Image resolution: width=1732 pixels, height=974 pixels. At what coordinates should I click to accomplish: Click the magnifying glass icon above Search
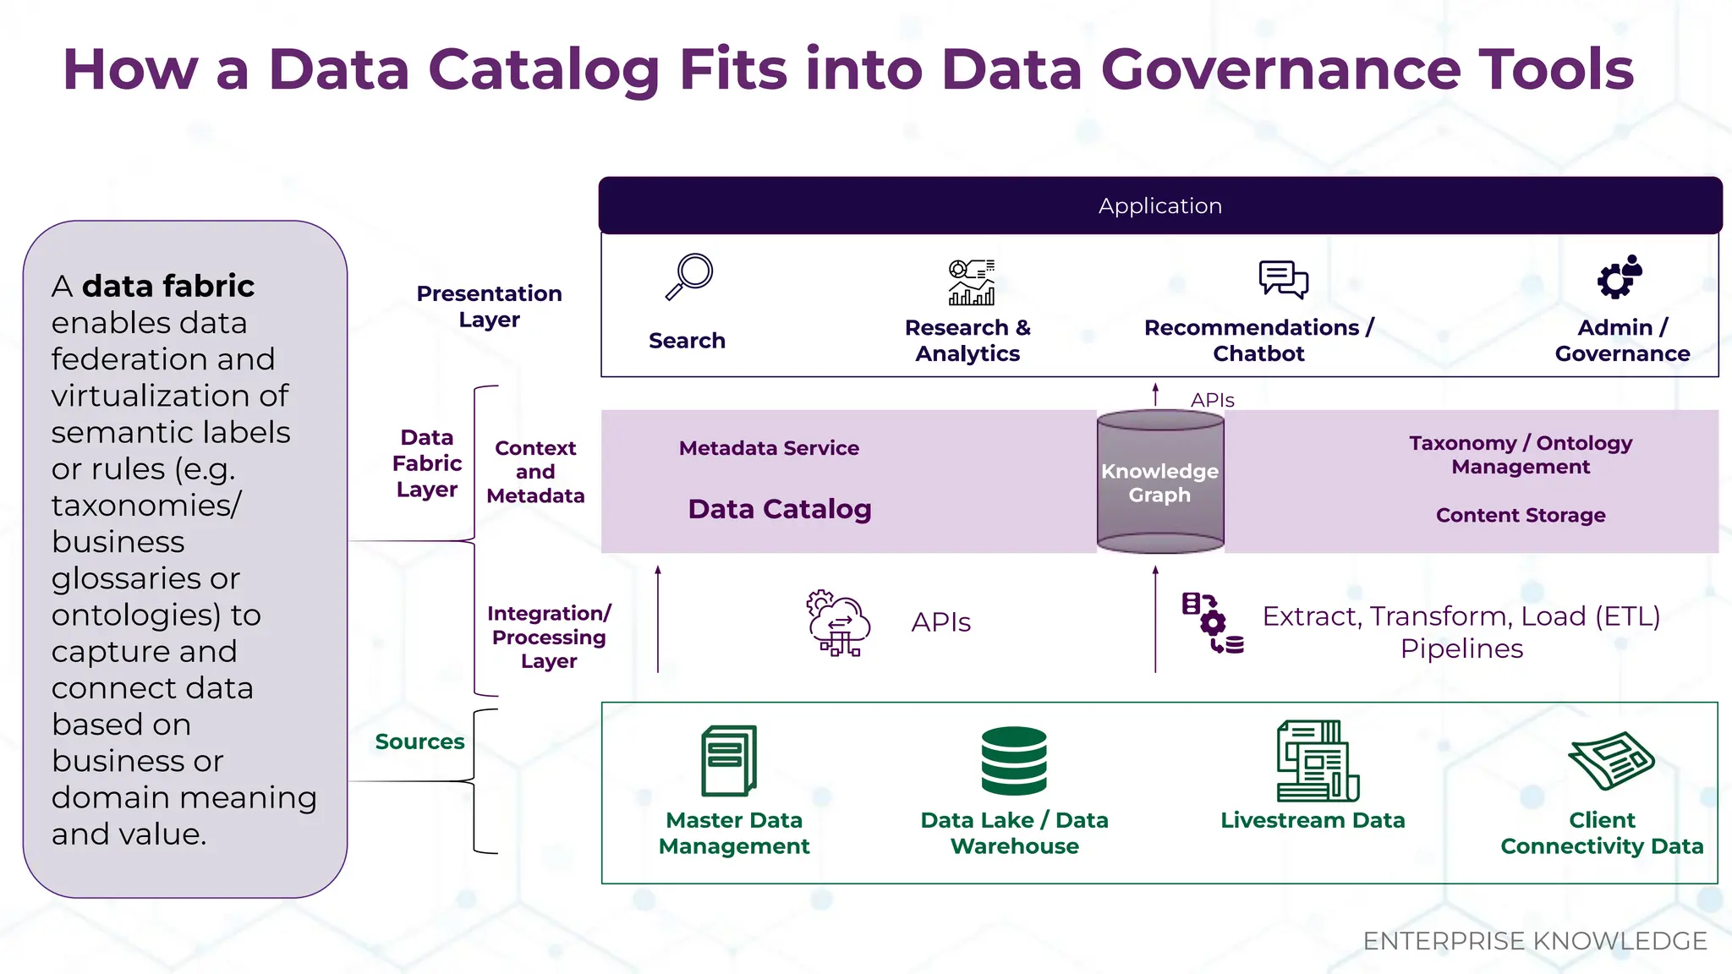coord(690,276)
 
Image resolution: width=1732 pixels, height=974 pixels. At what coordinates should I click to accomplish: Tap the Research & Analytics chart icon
coord(971,282)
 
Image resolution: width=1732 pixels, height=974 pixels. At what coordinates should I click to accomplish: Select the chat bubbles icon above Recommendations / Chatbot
coord(1283,279)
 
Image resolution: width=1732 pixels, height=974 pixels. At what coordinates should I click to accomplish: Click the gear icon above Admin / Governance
coord(1619,277)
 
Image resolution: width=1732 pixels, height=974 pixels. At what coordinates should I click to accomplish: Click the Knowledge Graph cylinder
coord(1159,482)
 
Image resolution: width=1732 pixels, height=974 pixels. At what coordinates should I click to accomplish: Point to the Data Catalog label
coord(779,509)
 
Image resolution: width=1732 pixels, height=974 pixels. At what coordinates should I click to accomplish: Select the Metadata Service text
coord(769,448)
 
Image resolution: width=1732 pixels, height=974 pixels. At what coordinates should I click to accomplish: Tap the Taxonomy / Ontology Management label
coord(1520,455)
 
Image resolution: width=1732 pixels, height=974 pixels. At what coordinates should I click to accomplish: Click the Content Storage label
coord(1520,515)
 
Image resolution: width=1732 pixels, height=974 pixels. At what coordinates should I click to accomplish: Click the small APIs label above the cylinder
coord(1212,400)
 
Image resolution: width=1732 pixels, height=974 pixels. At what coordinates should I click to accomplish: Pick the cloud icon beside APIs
coord(838,624)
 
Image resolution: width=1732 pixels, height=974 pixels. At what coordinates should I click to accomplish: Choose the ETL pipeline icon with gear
coord(1212,623)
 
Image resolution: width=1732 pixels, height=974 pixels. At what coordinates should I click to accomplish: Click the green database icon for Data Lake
coord(1014,760)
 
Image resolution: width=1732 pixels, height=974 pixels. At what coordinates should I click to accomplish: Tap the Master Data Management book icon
coord(729,761)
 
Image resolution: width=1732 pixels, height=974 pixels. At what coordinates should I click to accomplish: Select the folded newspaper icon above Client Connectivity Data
coord(1610,759)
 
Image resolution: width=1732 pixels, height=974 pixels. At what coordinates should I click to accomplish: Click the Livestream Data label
coord(1313,820)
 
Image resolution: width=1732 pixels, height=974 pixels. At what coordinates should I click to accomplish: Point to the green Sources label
coord(419,741)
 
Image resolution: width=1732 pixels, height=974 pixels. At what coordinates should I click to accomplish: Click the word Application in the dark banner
coord(1159,205)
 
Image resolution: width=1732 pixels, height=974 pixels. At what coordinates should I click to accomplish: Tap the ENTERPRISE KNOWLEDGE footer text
coord(1534,941)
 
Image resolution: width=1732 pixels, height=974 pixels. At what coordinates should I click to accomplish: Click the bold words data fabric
coord(168,286)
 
